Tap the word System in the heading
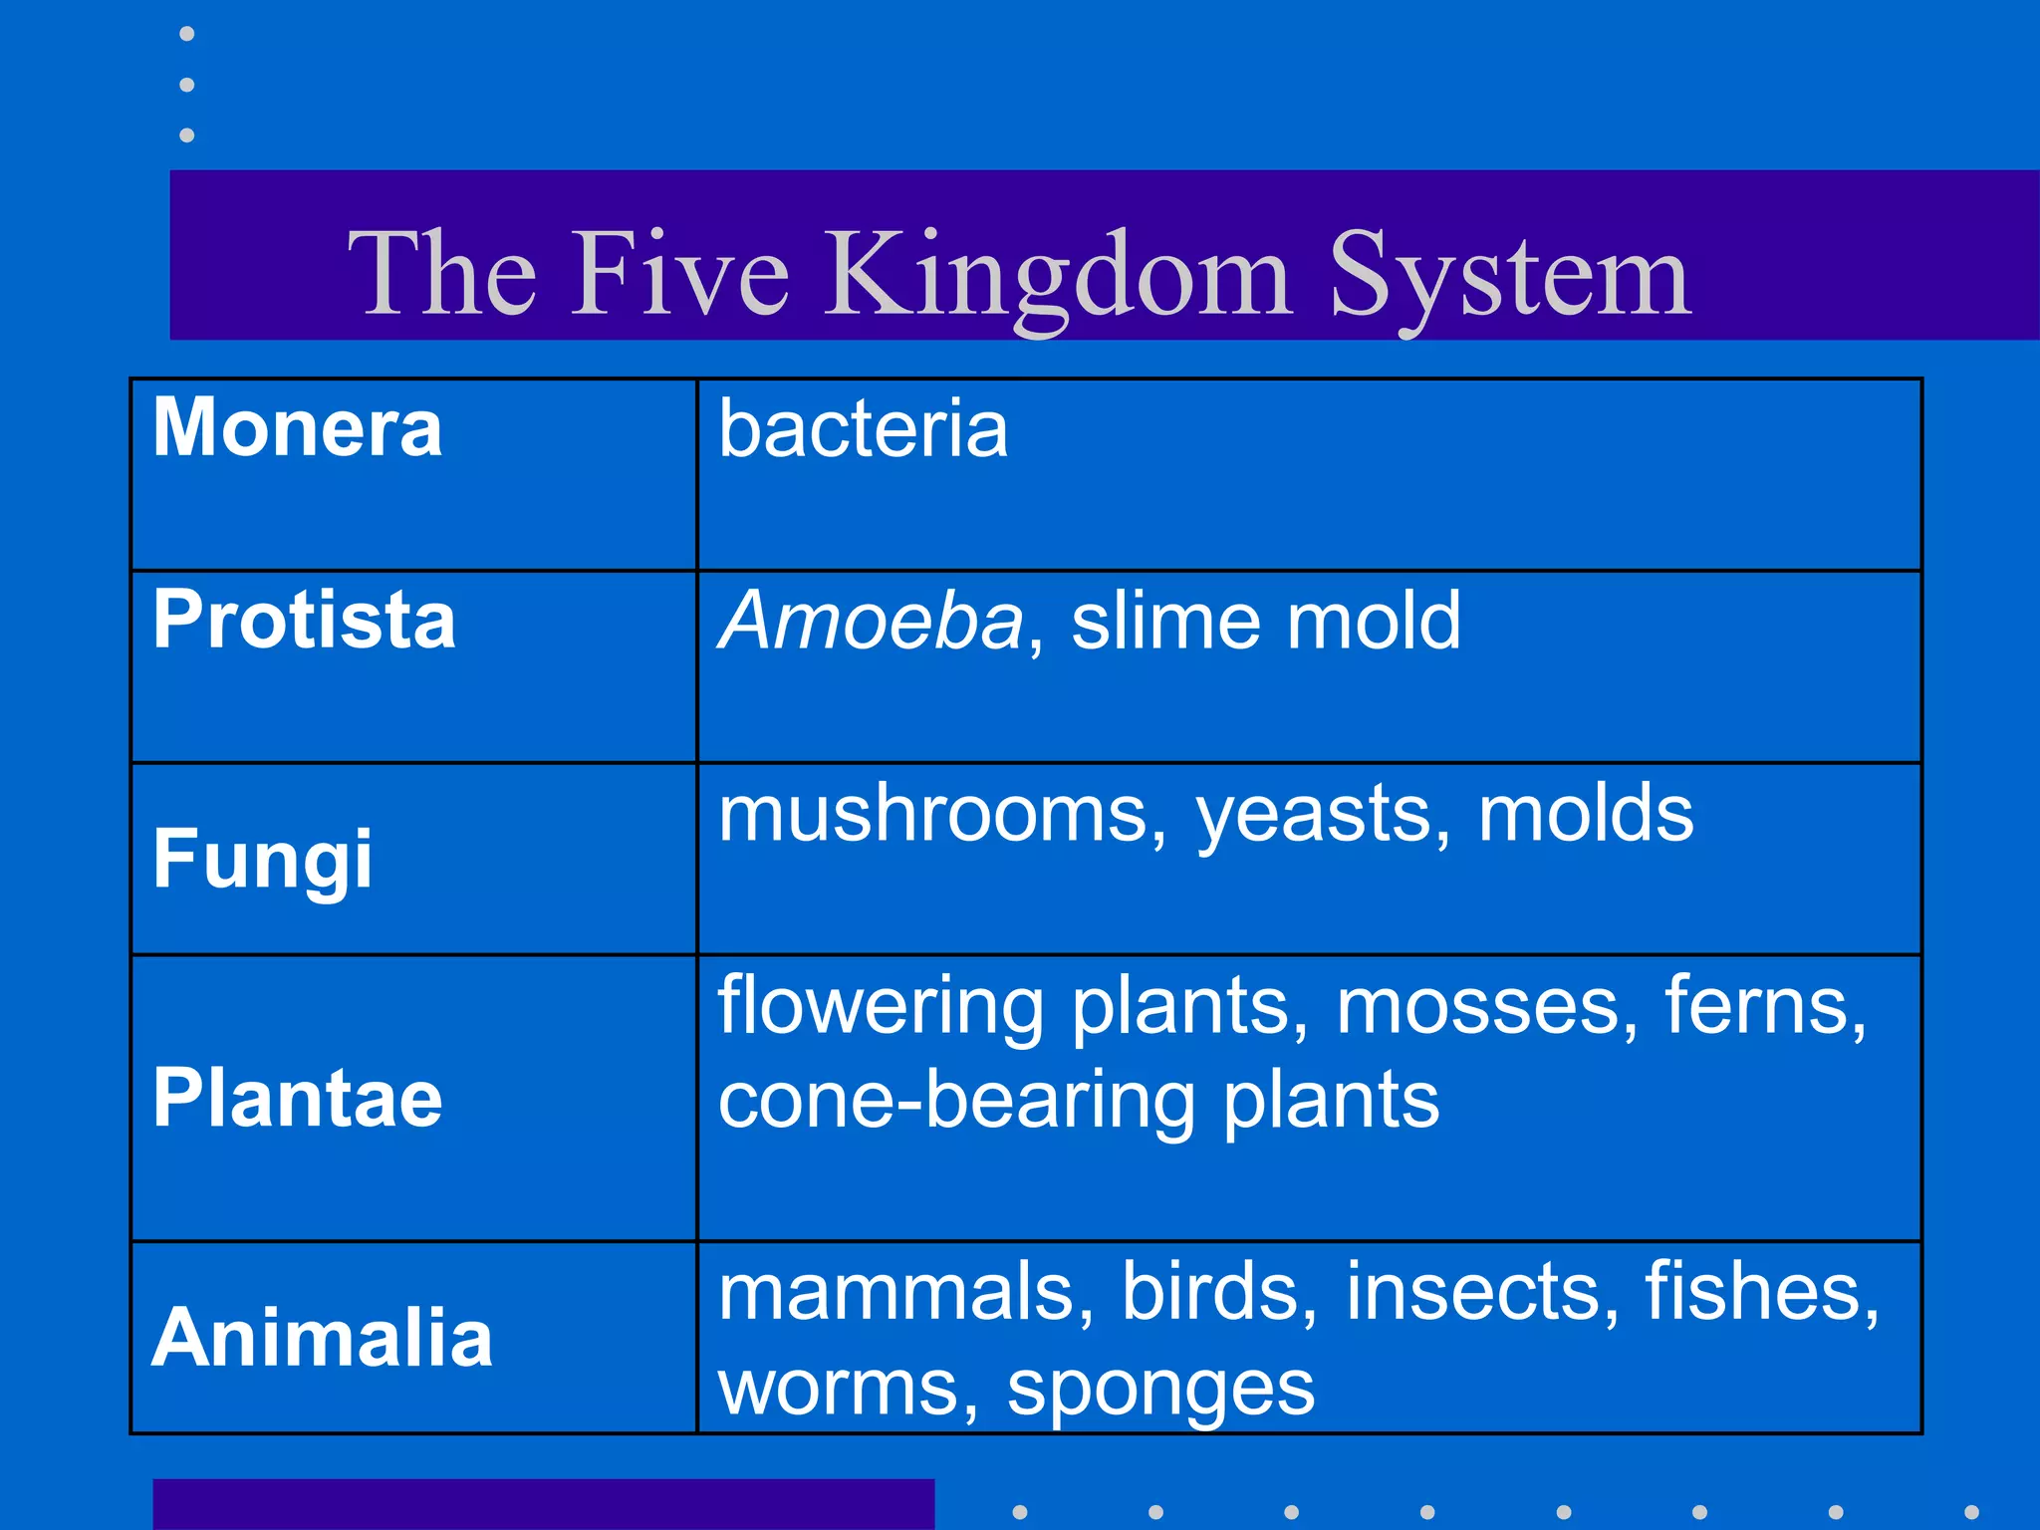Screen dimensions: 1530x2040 (x=1509, y=274)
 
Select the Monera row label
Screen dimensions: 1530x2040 (x=297, y=428)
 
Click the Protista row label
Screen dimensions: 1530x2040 (x=304, y=620)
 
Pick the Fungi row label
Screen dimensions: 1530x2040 (x=262, y=859)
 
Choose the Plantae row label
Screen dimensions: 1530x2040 (x=297, y=1098)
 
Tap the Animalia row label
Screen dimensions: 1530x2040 (x=322, y=1337)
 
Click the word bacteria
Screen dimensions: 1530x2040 (x=863, y=428)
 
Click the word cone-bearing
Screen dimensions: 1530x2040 (x=956, y=1101)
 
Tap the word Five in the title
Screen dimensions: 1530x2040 (x=679, y=274)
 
